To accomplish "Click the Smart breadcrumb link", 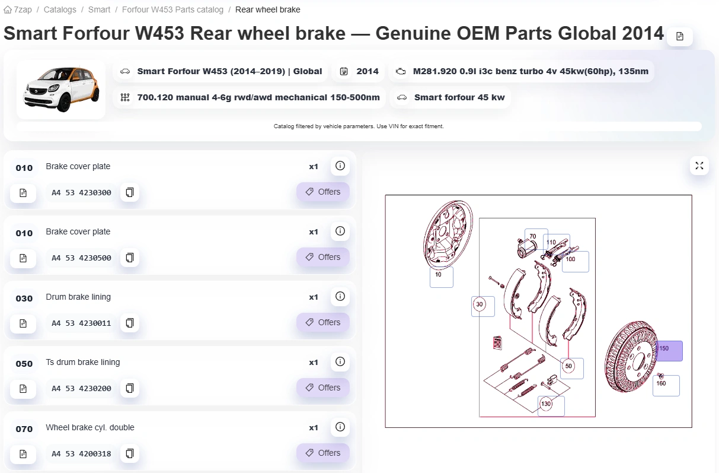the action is (x=99, y=9).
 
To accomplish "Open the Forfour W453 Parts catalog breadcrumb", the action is (x=172, y=9).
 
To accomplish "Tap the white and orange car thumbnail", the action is (x=61, y=90).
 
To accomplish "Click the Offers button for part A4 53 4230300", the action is (x=323, y=192).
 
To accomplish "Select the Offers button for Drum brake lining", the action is (x=323, y=322).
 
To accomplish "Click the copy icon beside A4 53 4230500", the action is (x=130, y=258).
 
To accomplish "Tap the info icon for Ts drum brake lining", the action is (x=340, y=362).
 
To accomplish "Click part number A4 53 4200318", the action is (x=82, y=454).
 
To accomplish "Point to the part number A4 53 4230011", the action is (x=82, y=323).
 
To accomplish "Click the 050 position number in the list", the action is (x=24, y=364).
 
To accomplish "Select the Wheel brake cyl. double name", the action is (x=90, y=427).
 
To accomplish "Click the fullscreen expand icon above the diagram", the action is (x=699, y=166).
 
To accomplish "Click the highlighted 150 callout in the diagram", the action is (x=669, y=351).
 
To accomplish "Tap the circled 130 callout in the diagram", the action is (x=546, y=404).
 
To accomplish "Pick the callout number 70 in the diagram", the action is (x=533, y=236).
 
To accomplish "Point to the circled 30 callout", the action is (x=479, y=304).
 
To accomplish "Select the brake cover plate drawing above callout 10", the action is (x=448, y=234).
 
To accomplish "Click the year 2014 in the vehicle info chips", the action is (x=368, y=71).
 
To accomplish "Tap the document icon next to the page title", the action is (x=679, y=36).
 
